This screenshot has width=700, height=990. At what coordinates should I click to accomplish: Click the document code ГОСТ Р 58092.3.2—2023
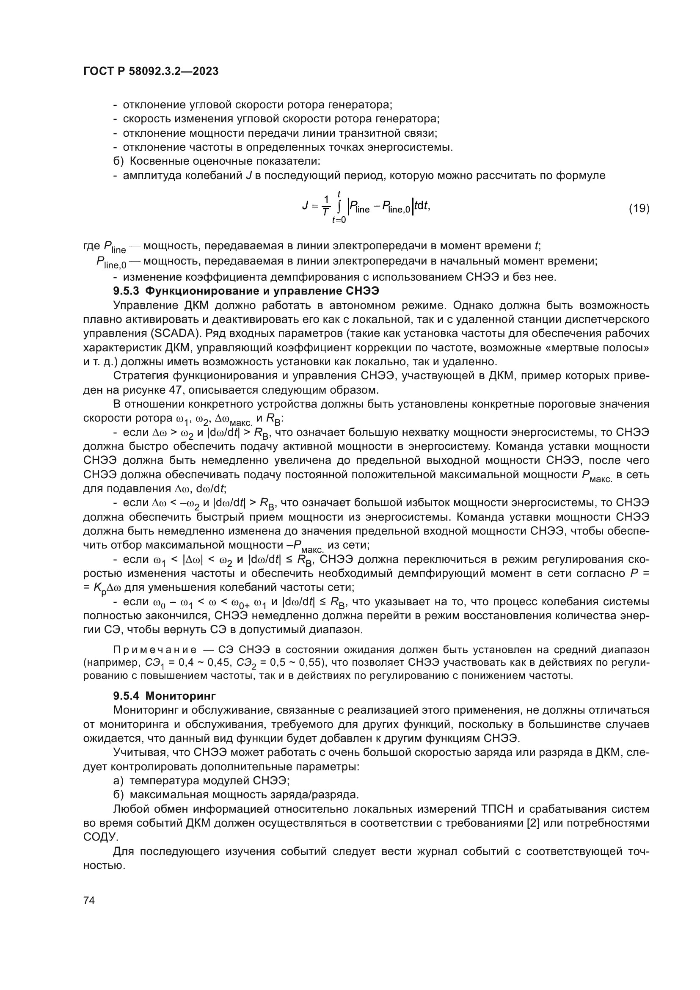tap(151, 71)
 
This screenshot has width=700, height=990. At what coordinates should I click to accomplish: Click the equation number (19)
tap(639, 209)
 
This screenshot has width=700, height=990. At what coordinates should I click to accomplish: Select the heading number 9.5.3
tap(126, 291)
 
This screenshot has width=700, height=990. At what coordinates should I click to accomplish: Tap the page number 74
tap(89, 900)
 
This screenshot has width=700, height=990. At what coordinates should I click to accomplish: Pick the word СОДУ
tap(99, 837)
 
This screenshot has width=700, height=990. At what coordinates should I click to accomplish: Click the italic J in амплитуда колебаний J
tap(249, 176)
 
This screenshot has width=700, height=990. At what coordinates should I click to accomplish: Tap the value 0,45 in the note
tap(223, 662)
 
